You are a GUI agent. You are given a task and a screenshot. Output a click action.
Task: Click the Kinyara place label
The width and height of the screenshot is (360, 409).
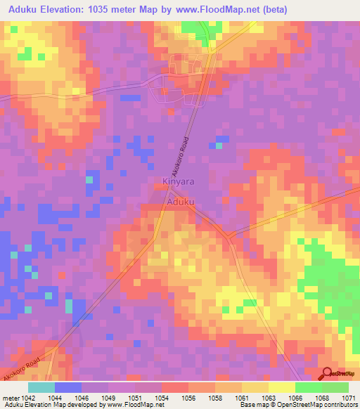click(x=178, y=181)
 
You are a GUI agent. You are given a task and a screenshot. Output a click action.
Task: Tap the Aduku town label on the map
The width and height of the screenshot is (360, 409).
click(x=181, y=202)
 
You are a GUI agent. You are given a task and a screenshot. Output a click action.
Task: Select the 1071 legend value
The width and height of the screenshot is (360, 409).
click(x=348, y=397)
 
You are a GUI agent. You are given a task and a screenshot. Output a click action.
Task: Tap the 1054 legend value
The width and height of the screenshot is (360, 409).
click(x=161, y=397)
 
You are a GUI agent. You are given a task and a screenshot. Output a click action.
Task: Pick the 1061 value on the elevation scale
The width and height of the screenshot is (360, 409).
click(x=241, y=397)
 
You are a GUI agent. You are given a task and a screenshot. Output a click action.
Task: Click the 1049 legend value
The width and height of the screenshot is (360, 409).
click(x=108, y=397)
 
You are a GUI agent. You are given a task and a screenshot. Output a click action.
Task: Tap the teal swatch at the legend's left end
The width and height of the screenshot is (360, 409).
click(x=41, y=387)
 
